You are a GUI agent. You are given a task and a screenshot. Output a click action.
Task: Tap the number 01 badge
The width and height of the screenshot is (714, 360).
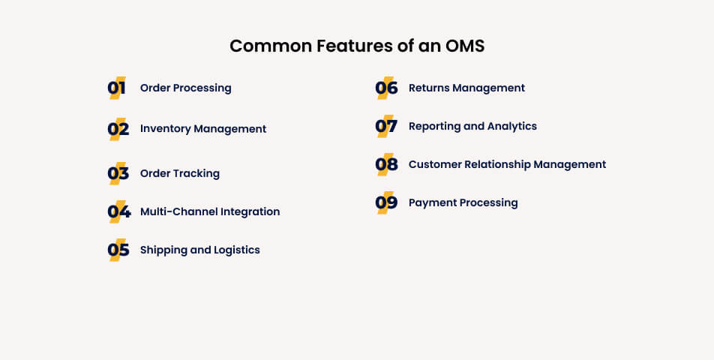point(117,88)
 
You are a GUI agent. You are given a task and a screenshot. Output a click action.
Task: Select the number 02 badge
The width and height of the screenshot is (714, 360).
point(118,129)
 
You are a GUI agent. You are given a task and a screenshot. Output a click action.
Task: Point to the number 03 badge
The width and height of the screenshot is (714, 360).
point(118,174)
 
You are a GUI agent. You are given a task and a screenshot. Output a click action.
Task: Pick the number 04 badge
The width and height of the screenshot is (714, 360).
point(118,212)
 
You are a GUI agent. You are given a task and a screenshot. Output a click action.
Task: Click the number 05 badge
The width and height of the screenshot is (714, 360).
point(118,250)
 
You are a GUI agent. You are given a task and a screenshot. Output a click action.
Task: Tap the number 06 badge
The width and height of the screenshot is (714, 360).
point(386,88)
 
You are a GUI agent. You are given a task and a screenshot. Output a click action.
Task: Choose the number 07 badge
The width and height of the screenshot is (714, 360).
point(386,127)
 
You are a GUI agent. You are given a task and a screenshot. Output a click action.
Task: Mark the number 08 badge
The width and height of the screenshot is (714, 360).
point(386,165)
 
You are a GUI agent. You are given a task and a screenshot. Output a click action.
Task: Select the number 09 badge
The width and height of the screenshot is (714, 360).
point(386,203)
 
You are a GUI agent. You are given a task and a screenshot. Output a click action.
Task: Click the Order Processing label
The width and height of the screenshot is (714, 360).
point(185,88)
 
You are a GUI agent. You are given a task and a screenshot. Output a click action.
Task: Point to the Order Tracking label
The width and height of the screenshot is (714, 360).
point(179,173)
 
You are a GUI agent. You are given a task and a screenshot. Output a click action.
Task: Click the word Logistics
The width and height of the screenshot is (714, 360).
point(237,250)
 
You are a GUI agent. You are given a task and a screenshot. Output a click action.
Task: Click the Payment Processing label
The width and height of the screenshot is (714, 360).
point(463,202)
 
